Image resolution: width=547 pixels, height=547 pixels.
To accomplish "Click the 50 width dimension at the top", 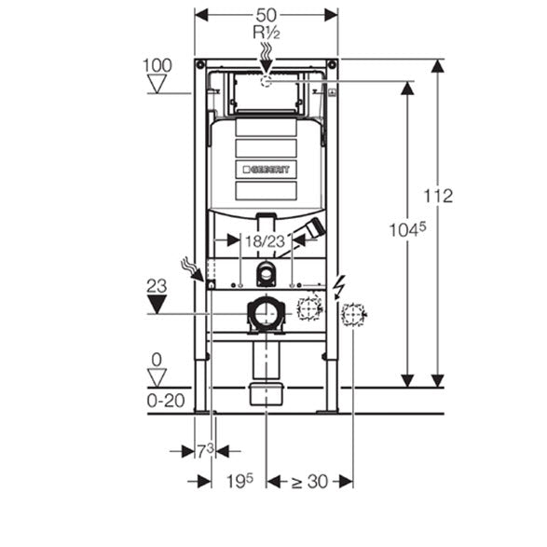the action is point(267,15).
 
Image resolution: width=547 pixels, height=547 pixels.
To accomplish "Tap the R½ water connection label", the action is point(267,33).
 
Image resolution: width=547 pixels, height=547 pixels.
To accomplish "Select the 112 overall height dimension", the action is point(438,196).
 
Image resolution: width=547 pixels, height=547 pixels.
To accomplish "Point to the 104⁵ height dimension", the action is point(407,230).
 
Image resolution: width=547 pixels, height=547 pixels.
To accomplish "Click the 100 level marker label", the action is point(157,65).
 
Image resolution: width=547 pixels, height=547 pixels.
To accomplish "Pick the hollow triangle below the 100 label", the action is point(157,84).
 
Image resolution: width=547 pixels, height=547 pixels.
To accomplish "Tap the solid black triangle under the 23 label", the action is point(157,304).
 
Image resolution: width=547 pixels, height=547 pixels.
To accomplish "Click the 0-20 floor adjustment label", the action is point(166,401).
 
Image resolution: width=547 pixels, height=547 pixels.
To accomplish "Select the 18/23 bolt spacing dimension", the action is point(266,241).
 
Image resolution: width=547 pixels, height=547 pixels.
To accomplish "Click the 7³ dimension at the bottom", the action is point(205,451).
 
